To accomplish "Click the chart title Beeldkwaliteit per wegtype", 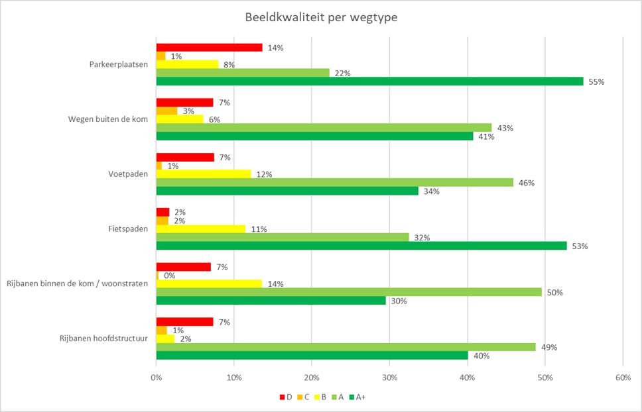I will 320,17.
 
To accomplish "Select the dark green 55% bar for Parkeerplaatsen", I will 369,81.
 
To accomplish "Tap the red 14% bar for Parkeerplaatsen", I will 209,48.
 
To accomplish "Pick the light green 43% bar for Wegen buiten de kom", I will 324,127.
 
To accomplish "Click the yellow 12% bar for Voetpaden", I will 204,174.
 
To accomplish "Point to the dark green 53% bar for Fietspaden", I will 361,246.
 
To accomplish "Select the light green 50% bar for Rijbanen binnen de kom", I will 349,292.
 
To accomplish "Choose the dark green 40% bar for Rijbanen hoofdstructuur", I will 312,355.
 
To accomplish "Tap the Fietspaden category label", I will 128,229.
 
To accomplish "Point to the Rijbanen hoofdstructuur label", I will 103,339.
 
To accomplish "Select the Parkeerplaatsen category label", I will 118,64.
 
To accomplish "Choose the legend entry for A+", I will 356,397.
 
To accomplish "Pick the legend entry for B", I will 320,397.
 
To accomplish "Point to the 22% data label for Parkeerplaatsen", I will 342,73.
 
